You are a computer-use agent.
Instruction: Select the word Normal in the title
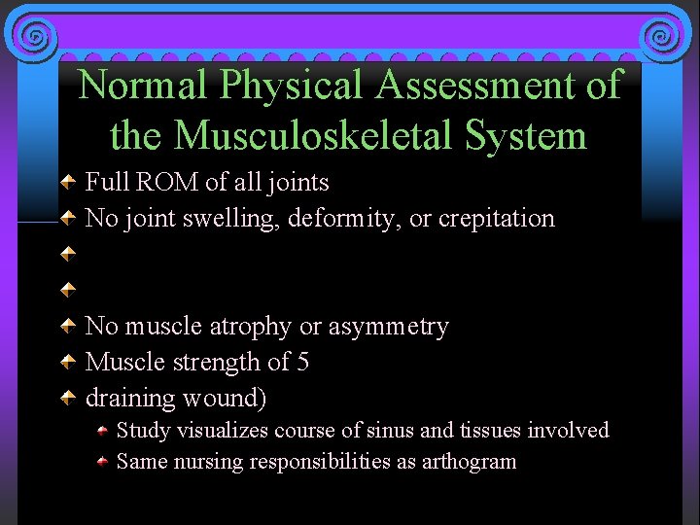(x=144, y=86)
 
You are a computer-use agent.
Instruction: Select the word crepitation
(x=497, y=218)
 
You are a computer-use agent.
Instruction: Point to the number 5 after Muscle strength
(x=303, y=362)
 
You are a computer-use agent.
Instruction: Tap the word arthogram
(x=470, y=461)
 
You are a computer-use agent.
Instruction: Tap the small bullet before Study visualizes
(x=103, y=431)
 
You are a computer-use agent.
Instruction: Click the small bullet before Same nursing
(x=103, y=462)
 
